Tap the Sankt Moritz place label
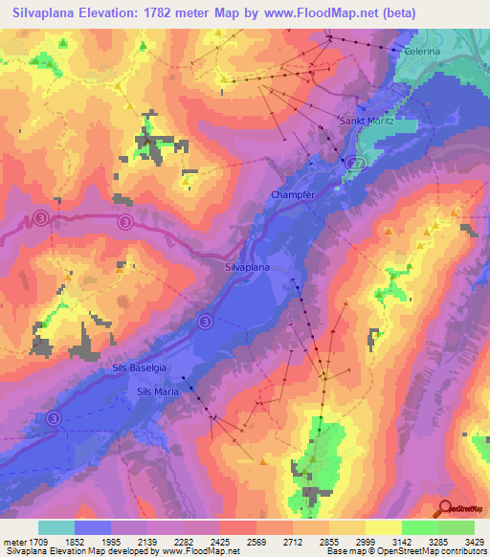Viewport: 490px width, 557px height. (367, 122)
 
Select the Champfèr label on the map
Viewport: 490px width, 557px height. (293, 194)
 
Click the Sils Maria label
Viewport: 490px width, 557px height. (158, 390)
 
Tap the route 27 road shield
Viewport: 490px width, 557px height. (357, 164)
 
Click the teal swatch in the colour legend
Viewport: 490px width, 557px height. (56, 527)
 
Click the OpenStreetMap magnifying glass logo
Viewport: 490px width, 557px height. (446, 508)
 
